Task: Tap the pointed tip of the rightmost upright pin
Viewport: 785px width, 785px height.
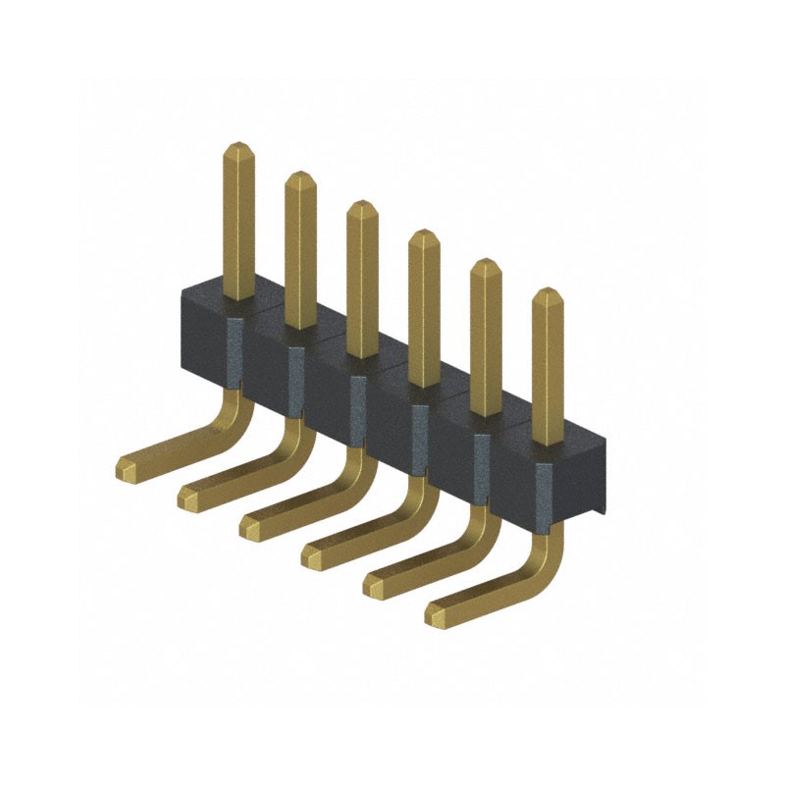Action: pos(548,293)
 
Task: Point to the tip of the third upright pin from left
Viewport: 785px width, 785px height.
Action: pos(362,206)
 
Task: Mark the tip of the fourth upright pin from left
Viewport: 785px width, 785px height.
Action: pos(424,235)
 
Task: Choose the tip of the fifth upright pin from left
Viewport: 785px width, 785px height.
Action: pos(486,265)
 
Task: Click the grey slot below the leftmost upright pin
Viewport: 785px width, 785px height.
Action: pos(235,348)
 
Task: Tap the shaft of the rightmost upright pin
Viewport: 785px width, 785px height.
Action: pos(548,373)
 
